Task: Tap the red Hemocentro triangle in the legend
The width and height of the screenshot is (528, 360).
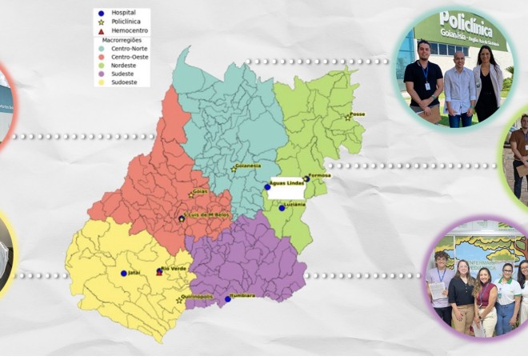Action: tap(102, 30)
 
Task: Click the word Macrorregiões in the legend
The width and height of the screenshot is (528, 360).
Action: tap(121, 39)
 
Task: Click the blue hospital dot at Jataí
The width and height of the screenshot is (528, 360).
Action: tap(123, 274)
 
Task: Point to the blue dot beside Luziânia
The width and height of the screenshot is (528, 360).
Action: tap(282, 207)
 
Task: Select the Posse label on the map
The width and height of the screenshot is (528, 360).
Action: tap(358, 114)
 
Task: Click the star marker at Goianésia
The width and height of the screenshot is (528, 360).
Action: tap(234, 169)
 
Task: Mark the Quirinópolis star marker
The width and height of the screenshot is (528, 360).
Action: tap(178, 301)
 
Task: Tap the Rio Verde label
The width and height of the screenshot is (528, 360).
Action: tap(175, 269)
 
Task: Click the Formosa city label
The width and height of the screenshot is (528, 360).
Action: tap(321, 176)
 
